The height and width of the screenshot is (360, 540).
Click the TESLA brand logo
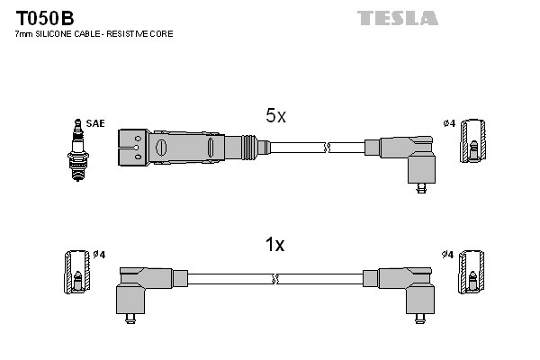[397, 18]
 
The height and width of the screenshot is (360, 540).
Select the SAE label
[94, 123]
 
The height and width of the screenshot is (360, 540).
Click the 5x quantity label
[275, 116]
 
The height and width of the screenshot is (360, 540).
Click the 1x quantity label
[275, 245]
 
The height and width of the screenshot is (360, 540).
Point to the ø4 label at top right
[449, 123]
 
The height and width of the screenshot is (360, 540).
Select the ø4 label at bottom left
[100, 255]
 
